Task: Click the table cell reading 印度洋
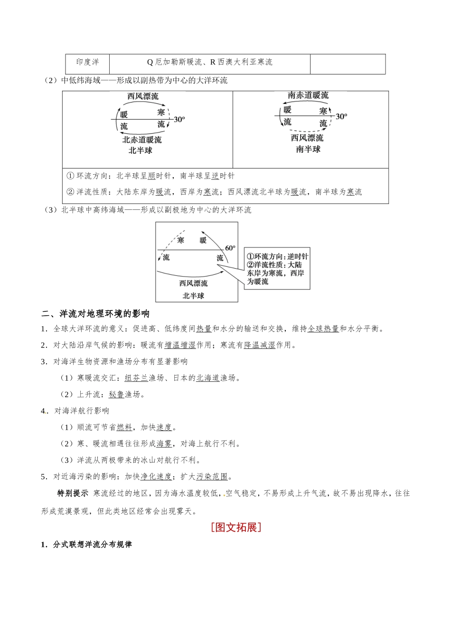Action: coord(88,62)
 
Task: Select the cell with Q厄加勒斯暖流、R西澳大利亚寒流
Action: coord(209,62)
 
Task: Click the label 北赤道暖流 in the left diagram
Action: coord(142,140)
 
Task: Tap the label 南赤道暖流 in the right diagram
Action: coord(308,95)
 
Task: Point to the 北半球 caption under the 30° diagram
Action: coord(141,150)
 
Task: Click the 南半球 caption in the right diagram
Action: coord(308,149)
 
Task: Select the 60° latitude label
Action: coord(230,248)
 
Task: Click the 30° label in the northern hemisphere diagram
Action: coord(179,119)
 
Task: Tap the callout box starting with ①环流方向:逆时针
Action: coord(277,269)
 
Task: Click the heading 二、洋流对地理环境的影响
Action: coord(95,314)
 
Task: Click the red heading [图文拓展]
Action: coord(236,527)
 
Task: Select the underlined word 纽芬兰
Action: coord(137,378)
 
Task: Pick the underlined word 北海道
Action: coord(208,378)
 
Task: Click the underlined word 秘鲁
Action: coord(116,394)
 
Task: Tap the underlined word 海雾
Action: coord(164,444)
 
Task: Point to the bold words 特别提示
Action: coord(73,493)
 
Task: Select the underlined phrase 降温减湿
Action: coord(260,345)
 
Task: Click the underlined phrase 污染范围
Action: coord(212,477)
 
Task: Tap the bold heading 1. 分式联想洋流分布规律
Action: coord(86,544)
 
